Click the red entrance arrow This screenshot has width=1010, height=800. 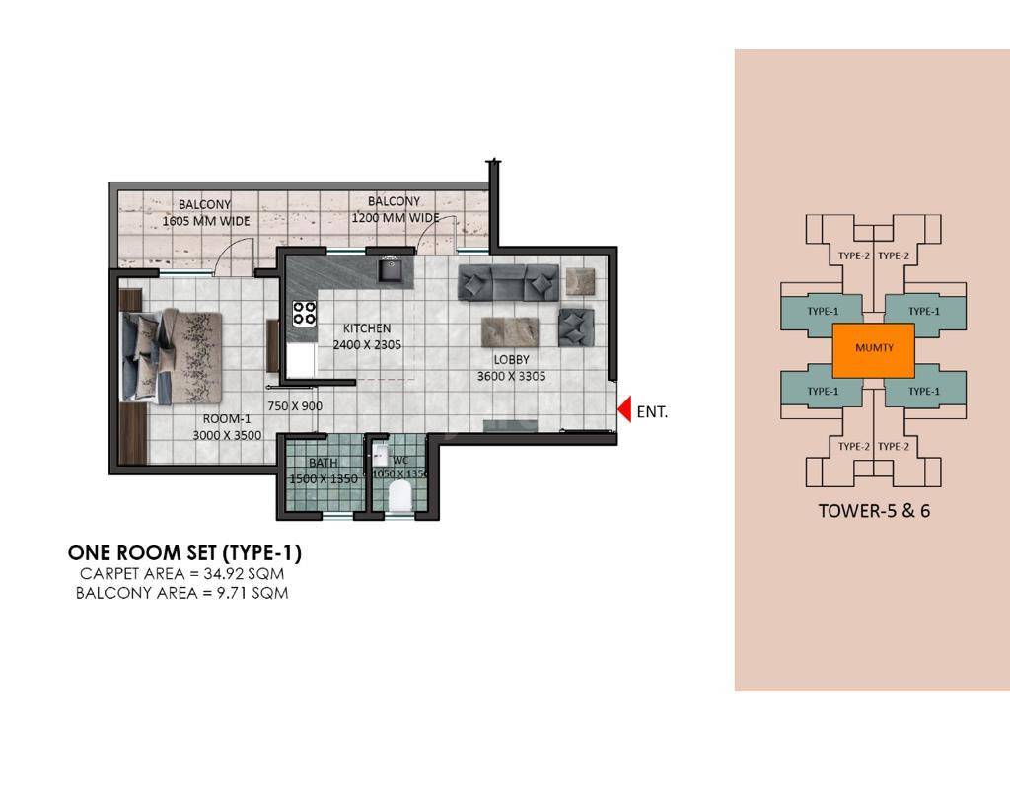click(624, 409)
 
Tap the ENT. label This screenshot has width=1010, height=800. click(652, 412)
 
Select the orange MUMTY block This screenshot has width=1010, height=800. click(874, 348)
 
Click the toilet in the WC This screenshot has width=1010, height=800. click(400, 497)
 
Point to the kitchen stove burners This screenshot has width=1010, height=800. click(304, 313)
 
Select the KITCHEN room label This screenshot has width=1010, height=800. click(366, 328)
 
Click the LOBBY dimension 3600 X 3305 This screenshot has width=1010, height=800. click(512, 376)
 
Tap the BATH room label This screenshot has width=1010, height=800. click(323, 463)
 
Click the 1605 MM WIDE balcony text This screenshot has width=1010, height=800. click(206, 222)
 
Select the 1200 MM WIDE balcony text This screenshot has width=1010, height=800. click(395, 218)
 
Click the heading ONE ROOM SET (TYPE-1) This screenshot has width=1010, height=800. click(183, 553)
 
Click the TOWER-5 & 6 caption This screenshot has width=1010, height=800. click(874, 511)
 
